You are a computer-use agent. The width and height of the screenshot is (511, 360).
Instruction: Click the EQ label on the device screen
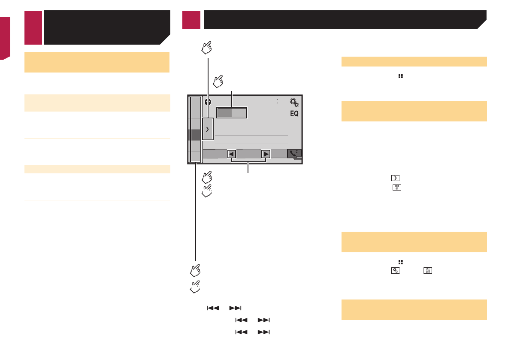294,114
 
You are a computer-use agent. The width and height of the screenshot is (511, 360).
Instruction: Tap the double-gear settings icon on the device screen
294,103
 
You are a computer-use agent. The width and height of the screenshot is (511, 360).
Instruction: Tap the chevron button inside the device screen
208,129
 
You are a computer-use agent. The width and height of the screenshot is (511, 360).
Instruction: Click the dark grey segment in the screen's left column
195,135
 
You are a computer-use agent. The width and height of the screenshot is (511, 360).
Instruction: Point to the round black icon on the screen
208,102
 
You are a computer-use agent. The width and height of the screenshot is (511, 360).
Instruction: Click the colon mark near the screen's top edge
277,101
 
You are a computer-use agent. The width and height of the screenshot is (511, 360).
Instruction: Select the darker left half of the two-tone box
224,113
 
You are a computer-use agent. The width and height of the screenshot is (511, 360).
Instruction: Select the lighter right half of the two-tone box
239,113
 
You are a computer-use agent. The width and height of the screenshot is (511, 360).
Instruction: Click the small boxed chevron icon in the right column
395,178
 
